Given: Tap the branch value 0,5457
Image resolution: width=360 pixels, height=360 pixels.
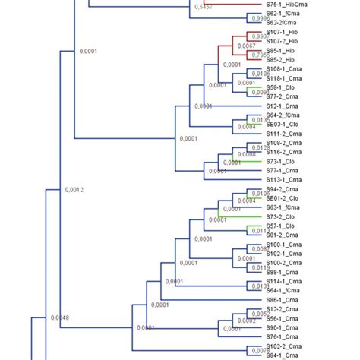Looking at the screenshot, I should [203, 7].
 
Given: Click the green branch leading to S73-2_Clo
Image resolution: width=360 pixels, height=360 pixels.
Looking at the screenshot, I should [239, 216].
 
